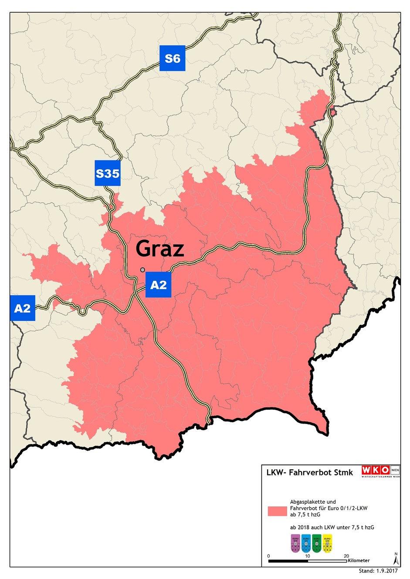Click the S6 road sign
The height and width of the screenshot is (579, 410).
pos(173,58)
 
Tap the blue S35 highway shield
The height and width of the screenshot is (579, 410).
pos(108,173)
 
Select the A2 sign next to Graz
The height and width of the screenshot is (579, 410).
pos(158,285)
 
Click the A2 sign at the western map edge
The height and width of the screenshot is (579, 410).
pos(22,308)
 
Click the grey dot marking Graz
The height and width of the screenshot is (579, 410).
pos(142,270)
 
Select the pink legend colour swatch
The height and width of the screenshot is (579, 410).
pos(277,511)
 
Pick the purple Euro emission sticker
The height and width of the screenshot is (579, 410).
pos(295,543)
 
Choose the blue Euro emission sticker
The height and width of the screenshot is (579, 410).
pos(306,543)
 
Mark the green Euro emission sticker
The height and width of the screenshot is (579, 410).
pos(317,543)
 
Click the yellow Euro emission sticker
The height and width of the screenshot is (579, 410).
pos(327,543)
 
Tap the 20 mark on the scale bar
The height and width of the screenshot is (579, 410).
pos(346,556)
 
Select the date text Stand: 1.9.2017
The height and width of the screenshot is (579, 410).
pos(378,571)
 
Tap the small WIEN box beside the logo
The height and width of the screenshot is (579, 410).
pos(395,470)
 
